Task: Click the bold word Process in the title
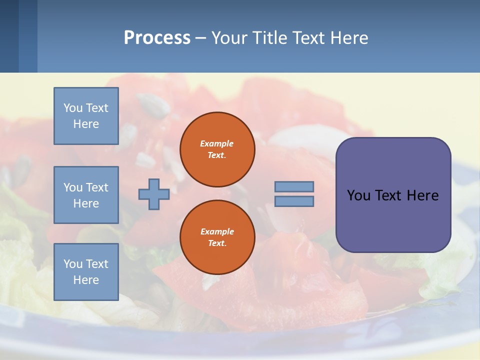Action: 157,38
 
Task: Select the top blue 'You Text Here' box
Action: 86,116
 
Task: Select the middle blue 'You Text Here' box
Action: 86,195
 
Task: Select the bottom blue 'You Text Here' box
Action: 86,272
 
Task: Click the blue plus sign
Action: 153,194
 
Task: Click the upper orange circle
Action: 217,149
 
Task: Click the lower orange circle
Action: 217,237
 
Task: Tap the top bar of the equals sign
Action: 294,186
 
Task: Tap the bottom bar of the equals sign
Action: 294,201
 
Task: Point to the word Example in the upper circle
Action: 216,143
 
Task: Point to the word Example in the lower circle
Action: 217,231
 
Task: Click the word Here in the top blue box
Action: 86,124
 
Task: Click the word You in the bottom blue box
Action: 72,264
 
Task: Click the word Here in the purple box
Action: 422,195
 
